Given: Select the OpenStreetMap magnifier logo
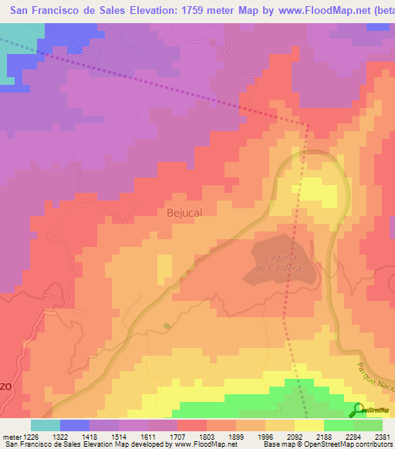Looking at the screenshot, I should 358,410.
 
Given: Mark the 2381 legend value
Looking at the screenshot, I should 382,437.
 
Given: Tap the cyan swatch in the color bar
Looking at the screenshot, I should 46,425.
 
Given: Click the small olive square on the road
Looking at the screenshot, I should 167,326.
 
